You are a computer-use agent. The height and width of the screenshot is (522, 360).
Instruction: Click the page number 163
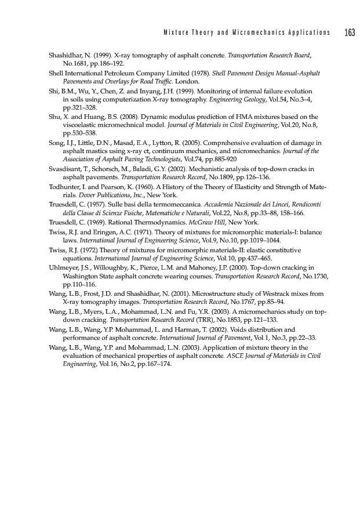[349, 32]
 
